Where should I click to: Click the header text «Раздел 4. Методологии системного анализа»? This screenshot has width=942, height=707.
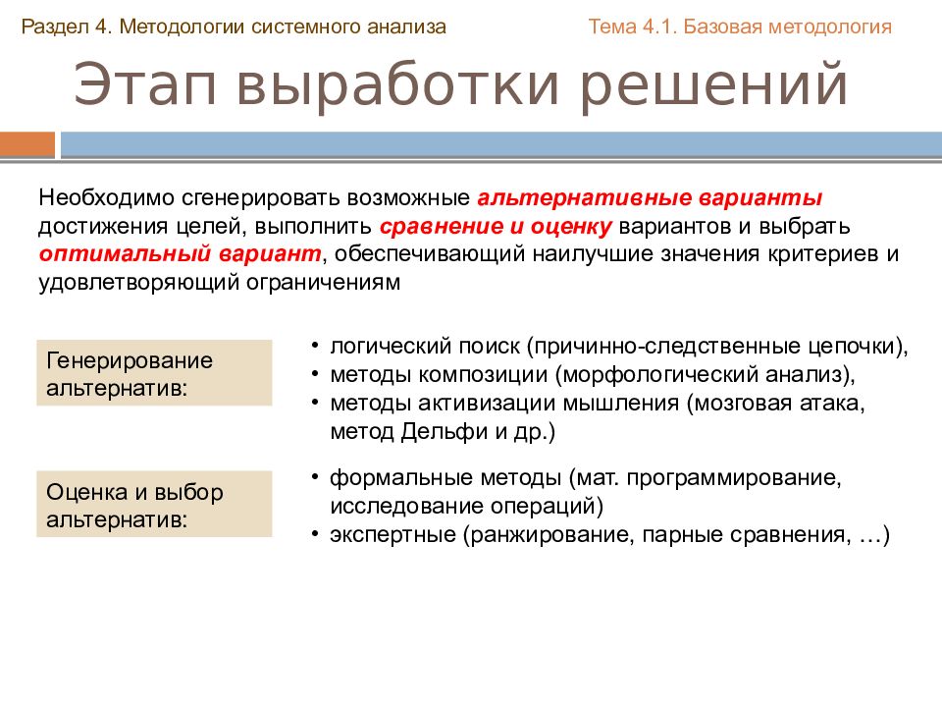(234, 27)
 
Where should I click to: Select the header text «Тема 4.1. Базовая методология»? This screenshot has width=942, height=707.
(740, 27)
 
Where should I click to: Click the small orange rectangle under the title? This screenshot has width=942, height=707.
(27, 145)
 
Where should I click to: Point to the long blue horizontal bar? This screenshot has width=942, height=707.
(500, 145)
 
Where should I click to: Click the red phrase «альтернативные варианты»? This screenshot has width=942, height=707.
(650, 196)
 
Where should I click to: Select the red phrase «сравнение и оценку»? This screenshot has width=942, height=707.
(496, 226)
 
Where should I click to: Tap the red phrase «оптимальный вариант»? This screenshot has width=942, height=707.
(182, 254)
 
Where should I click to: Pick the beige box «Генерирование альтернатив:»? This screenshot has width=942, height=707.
(154, 373)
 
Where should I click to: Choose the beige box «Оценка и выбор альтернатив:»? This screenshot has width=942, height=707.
(154, 505)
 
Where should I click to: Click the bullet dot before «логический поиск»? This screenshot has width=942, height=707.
(314, 347)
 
